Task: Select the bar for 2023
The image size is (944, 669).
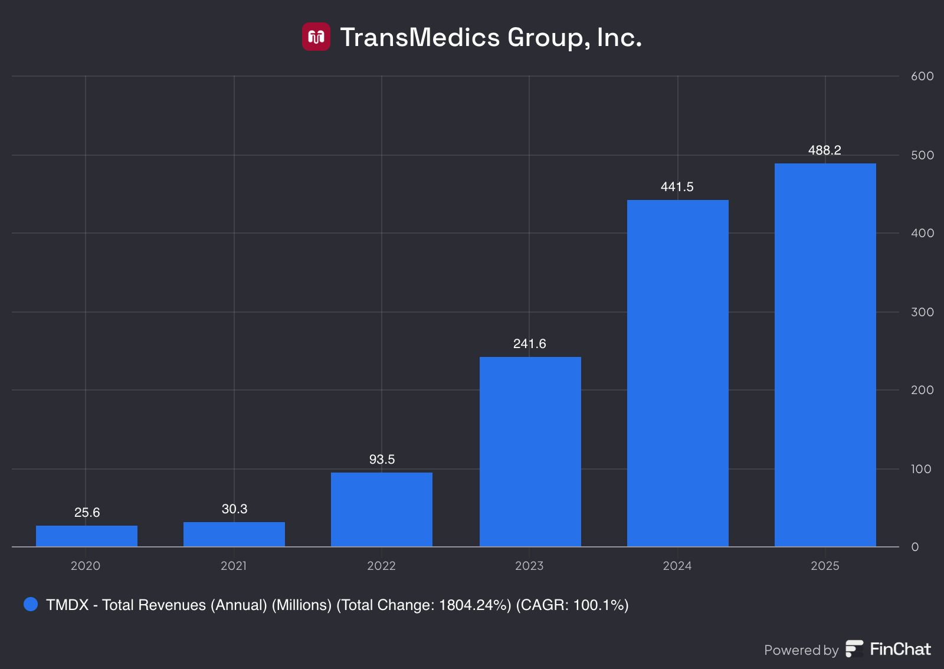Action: [530, 451]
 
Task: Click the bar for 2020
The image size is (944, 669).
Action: [87, 536]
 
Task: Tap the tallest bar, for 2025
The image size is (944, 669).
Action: [825, 355]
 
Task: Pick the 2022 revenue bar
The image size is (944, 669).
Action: [382, 509]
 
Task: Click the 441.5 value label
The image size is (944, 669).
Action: [677, 187]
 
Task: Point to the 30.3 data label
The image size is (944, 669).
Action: [234, 509]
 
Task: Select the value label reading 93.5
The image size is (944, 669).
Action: [382, 460]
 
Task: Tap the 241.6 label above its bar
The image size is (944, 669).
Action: [529, 344]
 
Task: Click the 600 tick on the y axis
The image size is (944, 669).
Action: [922, 76]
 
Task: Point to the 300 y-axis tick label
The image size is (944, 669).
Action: [922, 312]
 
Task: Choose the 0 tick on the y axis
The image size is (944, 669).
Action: [915, 547]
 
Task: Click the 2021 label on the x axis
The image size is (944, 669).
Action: [234, 566]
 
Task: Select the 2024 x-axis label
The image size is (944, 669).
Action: [677, 566]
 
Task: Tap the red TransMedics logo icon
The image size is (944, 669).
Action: [316, 37]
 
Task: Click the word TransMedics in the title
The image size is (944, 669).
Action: [420, 37]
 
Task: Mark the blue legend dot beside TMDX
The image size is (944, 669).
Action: [31, 604]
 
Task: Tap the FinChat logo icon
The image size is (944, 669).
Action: [854, 649]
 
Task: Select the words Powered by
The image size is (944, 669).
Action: [801, 650]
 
